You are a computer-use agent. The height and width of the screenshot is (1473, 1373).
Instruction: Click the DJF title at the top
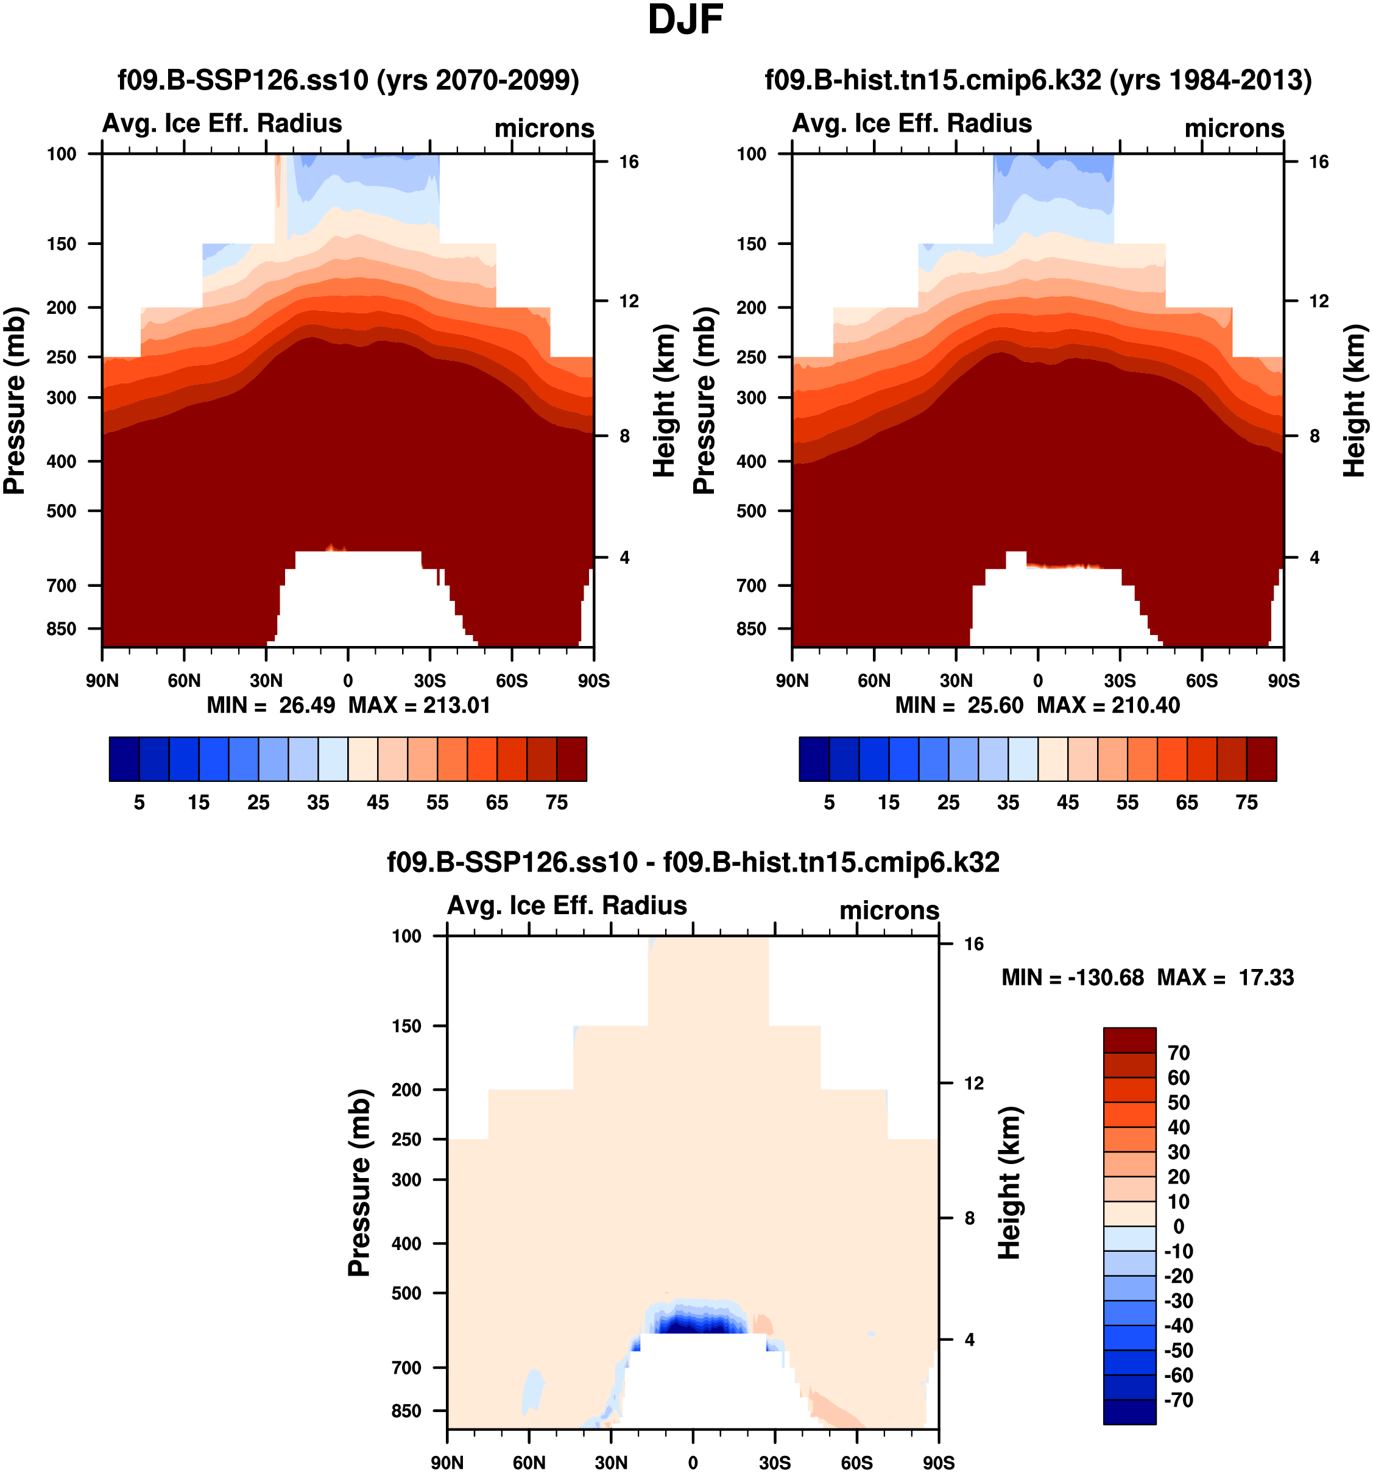point(685,20)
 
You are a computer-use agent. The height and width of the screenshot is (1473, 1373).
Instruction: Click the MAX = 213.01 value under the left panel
point(419,705)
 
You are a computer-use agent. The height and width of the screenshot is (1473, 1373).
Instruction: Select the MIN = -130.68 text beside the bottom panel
point(1072,978)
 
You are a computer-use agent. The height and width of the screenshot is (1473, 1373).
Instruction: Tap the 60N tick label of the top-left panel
point(184,680)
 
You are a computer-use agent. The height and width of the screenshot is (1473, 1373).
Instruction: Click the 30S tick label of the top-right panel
point(1119,680)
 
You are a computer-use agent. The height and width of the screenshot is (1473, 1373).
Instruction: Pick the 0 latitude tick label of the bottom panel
point(693,1463)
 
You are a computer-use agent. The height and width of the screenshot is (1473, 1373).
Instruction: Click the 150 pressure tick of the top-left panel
point(62,244)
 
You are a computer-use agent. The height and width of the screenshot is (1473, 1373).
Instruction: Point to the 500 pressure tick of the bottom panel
point(406,1293)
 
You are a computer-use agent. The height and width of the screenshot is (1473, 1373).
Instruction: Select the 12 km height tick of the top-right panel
point(1318,302)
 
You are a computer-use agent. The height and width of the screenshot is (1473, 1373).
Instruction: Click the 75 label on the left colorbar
point(556,803)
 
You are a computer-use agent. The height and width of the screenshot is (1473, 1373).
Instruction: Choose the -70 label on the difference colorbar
point(1177,1400)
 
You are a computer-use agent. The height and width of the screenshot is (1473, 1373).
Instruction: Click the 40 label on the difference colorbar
point(1178,1127)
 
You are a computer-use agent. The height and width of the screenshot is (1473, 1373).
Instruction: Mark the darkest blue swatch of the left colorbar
point(124,759)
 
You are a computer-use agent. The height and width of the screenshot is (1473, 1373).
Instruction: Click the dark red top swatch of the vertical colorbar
point(1129,1040)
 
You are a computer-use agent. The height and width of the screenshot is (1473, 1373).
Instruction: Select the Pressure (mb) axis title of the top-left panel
point(14,400)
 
